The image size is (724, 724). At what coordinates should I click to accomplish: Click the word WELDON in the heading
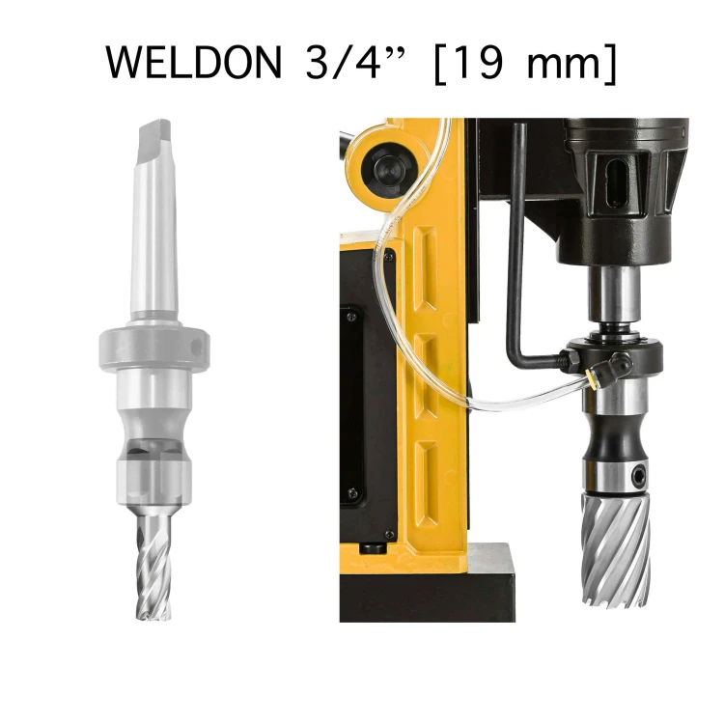click(x=194, y=63)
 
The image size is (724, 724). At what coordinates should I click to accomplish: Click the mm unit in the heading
click(x=565, y=67)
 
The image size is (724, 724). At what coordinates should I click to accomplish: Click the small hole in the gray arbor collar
click(x=197, y=347)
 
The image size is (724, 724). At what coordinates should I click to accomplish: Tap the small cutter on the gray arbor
click(x=153, y=566)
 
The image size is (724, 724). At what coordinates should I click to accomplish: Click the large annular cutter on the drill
click(x=616, y=549)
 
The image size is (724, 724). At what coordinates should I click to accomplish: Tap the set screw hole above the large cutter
click(x=639, y=474)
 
